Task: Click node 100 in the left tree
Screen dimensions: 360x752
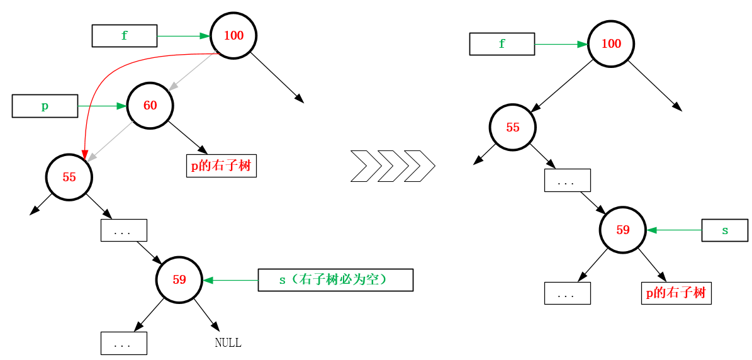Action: coord(233,36)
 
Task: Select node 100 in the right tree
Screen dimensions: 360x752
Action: coord(611,44)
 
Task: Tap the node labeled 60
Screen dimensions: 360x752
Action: coord(150,106)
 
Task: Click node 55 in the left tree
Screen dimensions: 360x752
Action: coord(69,177)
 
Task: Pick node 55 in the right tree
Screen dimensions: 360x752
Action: coord(513,128)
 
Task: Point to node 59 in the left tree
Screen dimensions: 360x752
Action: coord(179,280)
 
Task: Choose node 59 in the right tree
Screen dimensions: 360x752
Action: coord(623,230)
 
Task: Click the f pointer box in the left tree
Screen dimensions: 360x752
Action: coord(125,36)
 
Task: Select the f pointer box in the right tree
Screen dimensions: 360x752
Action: coord(502,44)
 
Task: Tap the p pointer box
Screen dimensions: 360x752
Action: coord(45,106)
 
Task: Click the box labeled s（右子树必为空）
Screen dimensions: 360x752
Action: coord(335,280)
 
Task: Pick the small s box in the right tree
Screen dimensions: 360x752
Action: coord(725,230)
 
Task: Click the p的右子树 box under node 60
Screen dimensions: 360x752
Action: coord(222,166)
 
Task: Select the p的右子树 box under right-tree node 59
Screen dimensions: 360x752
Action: coord(676,293)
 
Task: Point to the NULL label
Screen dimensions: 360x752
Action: coord(228,343)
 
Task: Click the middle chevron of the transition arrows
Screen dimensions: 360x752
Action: coord(393,166)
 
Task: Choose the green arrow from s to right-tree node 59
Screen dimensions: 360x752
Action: coord(674,230)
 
